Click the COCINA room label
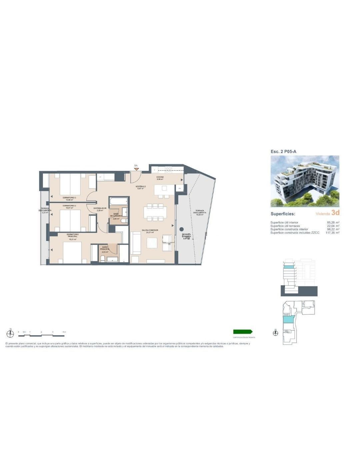tap(160, 178)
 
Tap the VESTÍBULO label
tap(140, 187)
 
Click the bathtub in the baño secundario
tap(119, 201)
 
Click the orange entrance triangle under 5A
tap(136, 169)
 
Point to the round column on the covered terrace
tap(181, 229)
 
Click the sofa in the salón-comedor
tap(136, 243)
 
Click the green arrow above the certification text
tap(243, 332)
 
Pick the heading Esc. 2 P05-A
tap(283, 151)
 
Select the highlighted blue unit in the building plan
tap(288, 320)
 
